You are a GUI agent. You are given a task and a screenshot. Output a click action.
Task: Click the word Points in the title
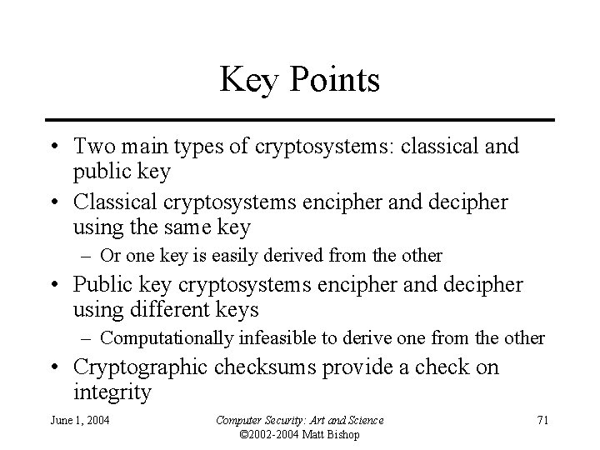pos(333,82)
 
